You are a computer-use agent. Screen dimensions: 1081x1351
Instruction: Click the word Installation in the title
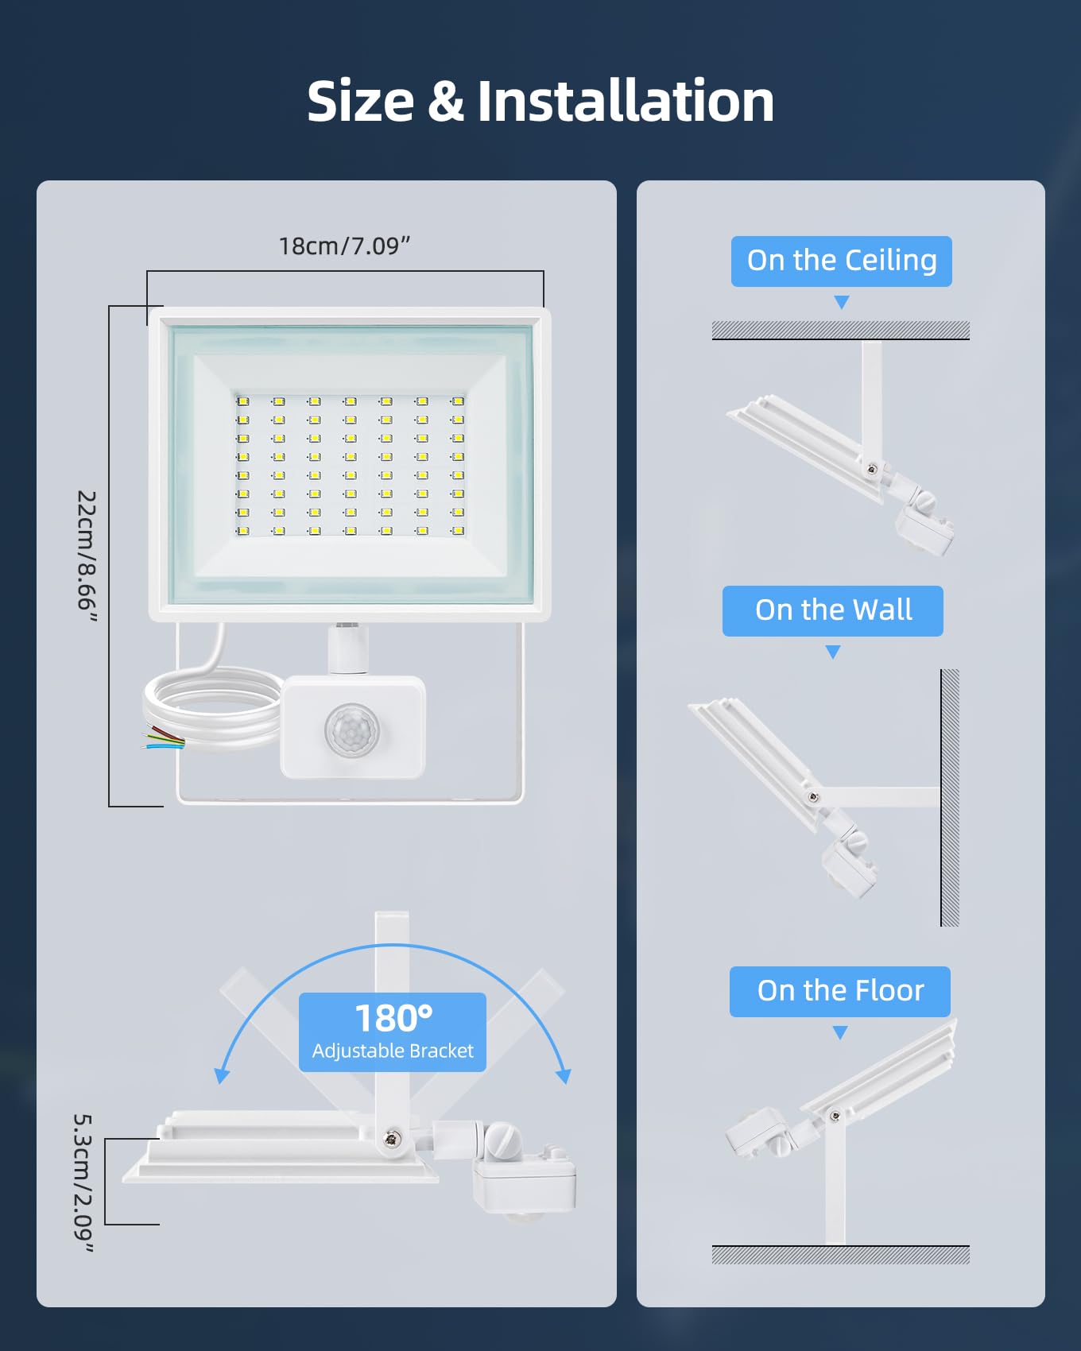626,101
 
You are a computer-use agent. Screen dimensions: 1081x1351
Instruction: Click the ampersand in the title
446,101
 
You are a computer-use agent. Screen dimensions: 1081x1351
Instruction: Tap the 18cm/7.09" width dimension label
344,246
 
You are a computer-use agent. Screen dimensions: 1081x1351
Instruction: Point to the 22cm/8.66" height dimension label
87,556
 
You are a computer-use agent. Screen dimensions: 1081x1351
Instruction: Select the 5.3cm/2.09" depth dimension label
83,1183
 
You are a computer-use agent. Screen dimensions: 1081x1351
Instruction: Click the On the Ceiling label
842,261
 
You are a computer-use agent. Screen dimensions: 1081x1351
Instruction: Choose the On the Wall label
833,610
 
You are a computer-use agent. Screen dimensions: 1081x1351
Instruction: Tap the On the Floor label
840,991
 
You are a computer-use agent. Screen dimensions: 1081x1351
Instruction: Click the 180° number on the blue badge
393,1018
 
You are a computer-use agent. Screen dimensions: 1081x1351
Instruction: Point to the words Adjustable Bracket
393,1051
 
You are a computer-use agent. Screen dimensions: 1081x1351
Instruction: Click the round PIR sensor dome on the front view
352,729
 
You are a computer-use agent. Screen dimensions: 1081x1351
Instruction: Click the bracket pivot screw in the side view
391,1139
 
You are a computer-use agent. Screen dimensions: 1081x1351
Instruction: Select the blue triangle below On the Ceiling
842,302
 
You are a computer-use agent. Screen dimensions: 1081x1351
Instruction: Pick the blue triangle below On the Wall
833,652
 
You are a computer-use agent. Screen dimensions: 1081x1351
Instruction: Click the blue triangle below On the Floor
840,1032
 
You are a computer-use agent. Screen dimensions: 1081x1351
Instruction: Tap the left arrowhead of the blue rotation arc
222,1076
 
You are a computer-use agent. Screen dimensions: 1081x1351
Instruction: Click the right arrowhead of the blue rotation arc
564,1076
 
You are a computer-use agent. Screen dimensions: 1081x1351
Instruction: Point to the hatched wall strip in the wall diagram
950,798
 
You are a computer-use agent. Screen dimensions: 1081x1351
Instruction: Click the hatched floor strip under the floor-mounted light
841,1255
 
